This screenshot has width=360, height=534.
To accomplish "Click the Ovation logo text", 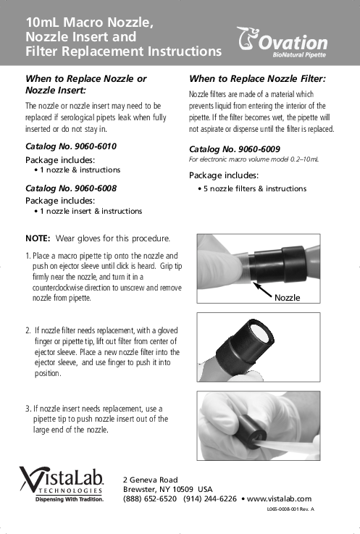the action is (x=293, y=43).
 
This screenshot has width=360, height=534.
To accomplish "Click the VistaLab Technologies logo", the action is (x=62, y=484).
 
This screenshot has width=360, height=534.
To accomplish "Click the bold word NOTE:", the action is (x=38, y=238).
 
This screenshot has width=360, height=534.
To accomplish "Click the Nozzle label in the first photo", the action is (x=287, y=298).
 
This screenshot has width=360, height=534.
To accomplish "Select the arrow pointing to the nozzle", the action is (x=263, y=290).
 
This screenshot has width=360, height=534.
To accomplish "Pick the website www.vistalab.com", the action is (x=279, y=499).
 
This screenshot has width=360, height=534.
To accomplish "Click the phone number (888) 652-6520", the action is (x=150, y=499).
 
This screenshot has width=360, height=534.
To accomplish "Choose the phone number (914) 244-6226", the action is (x=210, y=499).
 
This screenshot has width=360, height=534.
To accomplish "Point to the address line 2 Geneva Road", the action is (x=150, y=480).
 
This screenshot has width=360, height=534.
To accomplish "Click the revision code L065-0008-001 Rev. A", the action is (x=290, y=509).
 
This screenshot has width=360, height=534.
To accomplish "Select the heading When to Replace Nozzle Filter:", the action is (x=257, y=79).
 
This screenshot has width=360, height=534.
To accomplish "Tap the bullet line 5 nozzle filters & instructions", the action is (x=252, y=188).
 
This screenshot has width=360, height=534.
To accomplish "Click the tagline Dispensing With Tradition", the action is (x=70, y=499).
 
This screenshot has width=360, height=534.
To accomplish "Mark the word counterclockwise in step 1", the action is (x=59, y=288).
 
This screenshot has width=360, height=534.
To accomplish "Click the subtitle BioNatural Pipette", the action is (x=299, y=55).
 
